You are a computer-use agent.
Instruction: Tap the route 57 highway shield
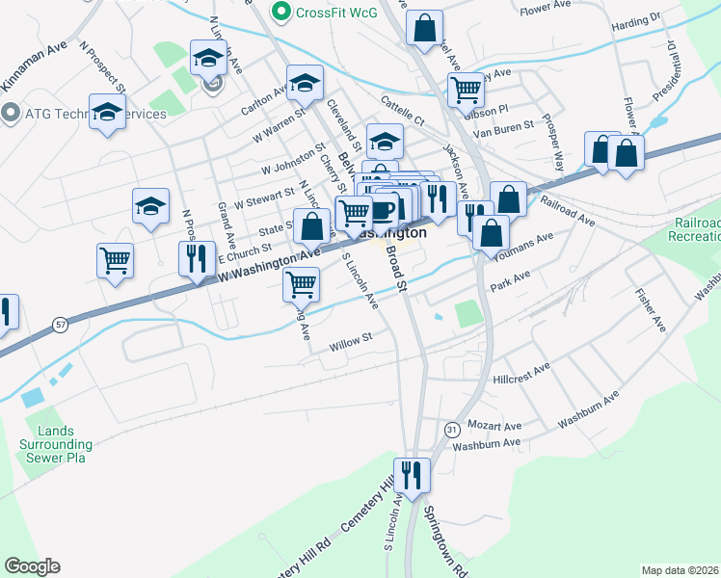pyautogui.click(x=60, y=326)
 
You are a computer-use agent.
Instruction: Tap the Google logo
pyautogui.click(x=32, y=566)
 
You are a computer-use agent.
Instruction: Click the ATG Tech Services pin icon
pyautogui.click(x=12, y=114)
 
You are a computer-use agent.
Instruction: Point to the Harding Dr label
pyautogui.click(x=636, y=17)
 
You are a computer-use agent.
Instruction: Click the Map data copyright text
pyautogui.click(x=680, y=570)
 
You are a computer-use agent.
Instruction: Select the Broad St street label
pyautogui.click(x=397, y=266)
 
